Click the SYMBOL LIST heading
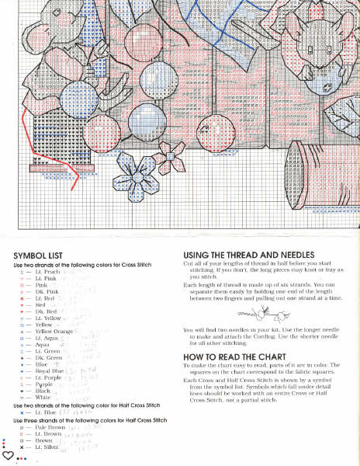click(x=36, y=255)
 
